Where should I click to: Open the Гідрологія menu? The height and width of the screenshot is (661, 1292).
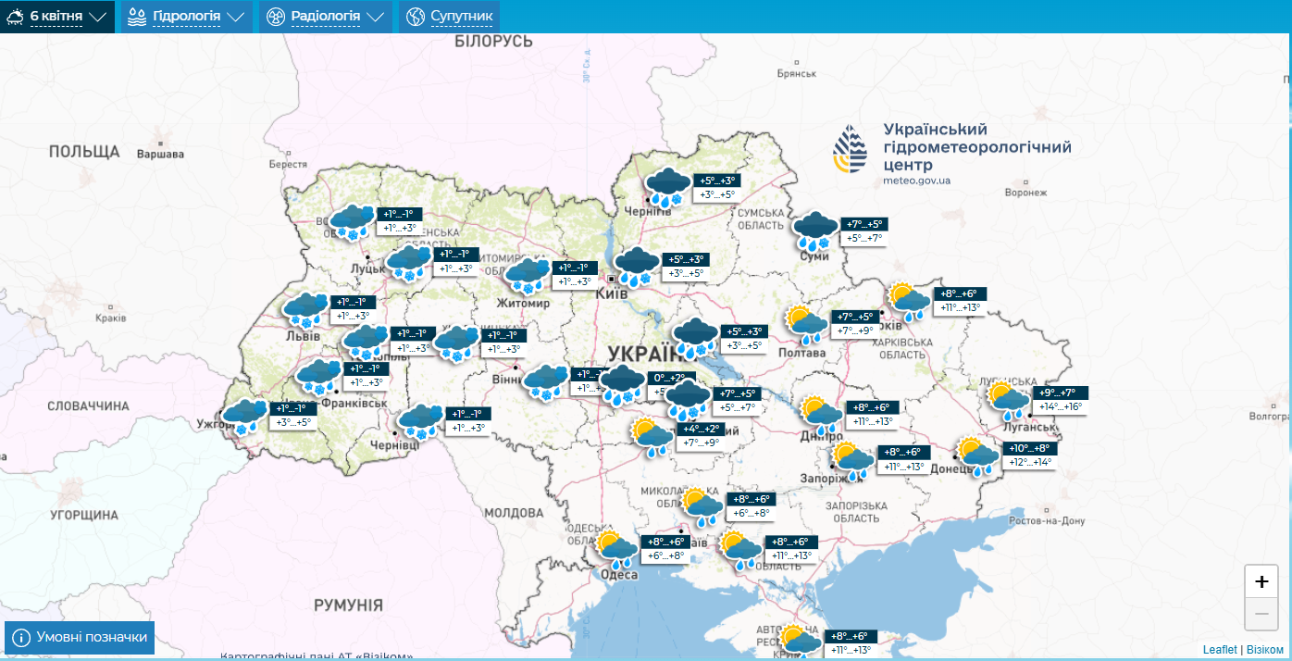pos(186,17)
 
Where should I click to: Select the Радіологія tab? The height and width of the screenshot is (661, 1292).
pos(324,17)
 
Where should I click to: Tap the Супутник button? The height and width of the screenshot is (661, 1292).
pos(450,17)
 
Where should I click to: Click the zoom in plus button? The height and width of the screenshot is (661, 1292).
pos(1261,581)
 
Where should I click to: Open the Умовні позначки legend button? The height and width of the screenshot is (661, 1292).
pos(80,638)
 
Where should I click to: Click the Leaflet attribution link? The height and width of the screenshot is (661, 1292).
pos(1219,650)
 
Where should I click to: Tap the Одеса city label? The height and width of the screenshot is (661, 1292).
pos(619,575)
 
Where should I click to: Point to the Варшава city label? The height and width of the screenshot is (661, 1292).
pos(160,155)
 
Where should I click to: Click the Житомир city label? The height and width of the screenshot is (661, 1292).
pos(523,304)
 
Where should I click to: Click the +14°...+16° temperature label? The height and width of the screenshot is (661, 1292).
pos(1060,407)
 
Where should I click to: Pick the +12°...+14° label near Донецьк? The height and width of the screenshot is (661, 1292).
pos(1030,462)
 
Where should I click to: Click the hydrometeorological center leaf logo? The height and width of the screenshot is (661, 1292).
pos(851,151)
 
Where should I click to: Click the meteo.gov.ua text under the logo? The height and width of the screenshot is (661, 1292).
pos(916,181)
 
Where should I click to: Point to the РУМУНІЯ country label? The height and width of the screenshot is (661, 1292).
pos(348,605)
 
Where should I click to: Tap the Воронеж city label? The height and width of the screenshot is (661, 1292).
pos(1025,193)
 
